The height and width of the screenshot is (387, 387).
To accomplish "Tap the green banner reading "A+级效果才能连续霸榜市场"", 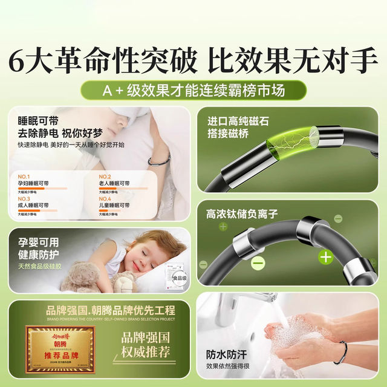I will click(x=193, y=91).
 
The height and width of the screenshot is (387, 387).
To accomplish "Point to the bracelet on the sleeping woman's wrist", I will click(x=158, y=160).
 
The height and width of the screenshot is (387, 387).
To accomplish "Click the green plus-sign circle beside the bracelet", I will click(x=326, y=256).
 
